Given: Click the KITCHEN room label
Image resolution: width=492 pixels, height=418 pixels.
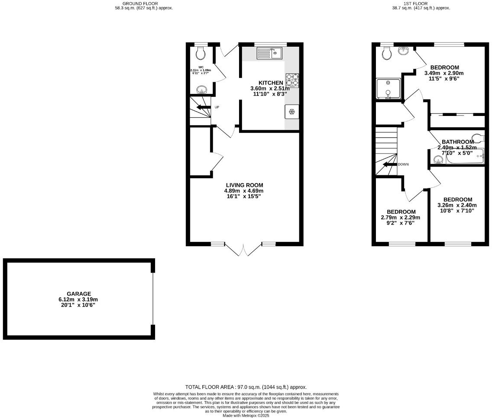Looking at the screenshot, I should tap(271, 83).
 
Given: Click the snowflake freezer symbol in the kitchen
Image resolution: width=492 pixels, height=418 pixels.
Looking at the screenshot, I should tap(291, 112).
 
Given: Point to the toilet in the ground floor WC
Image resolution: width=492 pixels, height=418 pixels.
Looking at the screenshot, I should tap(201, 53).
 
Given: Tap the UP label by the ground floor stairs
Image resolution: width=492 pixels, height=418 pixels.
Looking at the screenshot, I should tap(217, 107).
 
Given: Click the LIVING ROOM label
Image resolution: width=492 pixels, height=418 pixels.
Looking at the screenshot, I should tap(244, 185).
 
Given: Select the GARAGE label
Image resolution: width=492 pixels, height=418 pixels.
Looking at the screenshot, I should tap(79, 294).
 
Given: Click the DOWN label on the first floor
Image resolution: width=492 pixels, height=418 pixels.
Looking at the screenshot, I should tap(403, 164).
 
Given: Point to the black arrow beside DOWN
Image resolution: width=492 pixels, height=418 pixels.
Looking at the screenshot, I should tap(389, 164).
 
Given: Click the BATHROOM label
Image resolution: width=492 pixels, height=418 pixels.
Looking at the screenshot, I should tap(458, 142).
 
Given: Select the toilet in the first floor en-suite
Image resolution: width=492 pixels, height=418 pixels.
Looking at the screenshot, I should tap(387, 53).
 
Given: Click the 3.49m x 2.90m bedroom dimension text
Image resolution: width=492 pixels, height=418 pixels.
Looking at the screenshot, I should tap(444, 73).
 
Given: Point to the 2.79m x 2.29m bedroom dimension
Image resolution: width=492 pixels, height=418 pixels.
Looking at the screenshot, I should tap(401, 218).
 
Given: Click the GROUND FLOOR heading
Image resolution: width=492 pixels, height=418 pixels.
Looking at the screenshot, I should tap(143, 3).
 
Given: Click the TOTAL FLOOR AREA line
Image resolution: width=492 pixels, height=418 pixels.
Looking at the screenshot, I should tap(246, 387).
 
